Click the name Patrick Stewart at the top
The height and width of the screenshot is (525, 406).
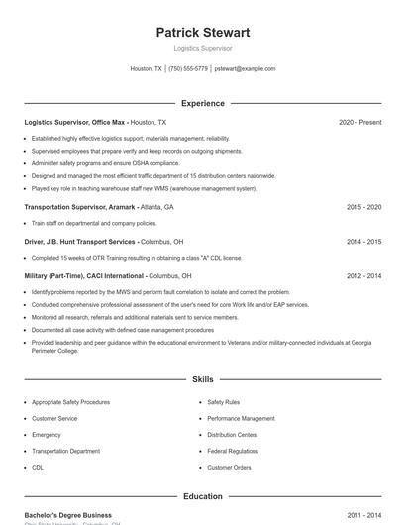203,32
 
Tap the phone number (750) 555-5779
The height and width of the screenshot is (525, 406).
188,69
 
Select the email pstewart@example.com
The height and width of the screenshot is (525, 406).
245,69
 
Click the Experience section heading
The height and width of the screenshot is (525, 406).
203,103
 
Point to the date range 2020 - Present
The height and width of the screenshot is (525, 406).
359,122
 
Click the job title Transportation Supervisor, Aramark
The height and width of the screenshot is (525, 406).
80,207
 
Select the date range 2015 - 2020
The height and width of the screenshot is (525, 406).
363,207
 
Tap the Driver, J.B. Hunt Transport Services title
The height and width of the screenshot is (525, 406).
80,241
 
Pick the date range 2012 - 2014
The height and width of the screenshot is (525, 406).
363,275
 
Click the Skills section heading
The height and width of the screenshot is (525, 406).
203,379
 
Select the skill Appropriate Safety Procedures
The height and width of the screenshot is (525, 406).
70,402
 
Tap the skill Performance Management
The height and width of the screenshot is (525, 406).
241,418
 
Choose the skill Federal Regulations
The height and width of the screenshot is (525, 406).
233,451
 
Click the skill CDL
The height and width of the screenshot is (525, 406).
38,467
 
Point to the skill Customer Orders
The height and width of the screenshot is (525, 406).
229,467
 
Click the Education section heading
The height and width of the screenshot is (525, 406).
203,496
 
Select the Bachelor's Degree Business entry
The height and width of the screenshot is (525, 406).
68,515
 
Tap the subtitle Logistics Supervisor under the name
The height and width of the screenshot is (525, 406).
203,48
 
